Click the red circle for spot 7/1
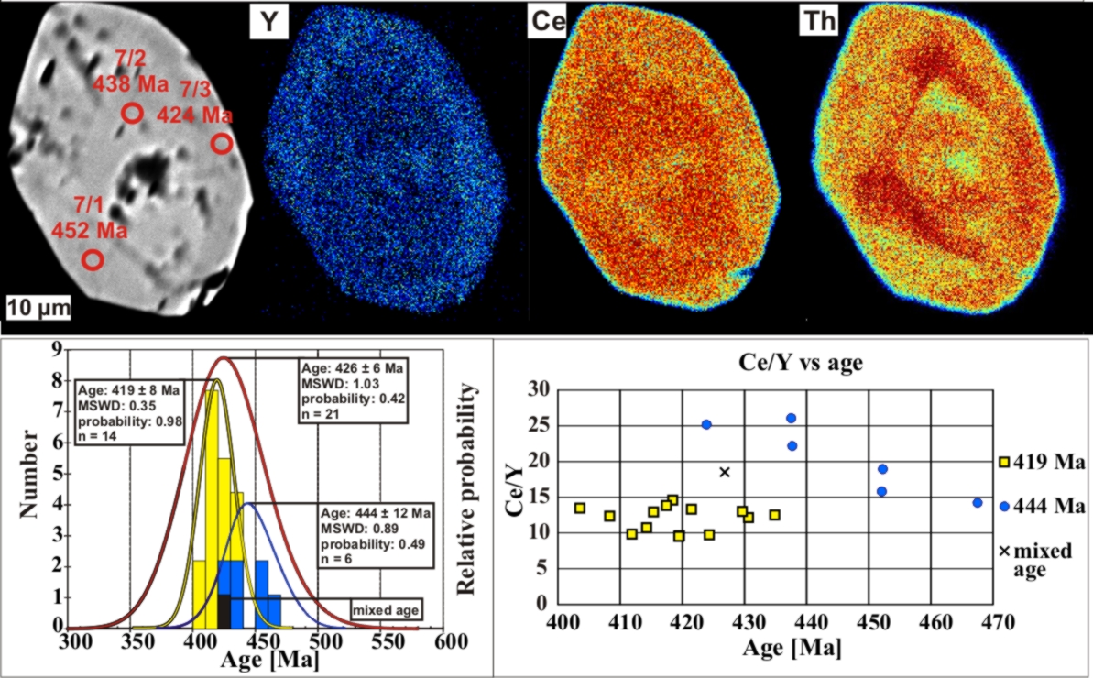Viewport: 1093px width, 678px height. click(93, 260)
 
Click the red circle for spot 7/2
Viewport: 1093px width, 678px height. click(133, 114)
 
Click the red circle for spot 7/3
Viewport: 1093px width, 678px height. click(222, 144)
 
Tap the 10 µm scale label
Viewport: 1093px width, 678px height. click(38, 307)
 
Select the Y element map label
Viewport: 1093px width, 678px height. click(268, 24)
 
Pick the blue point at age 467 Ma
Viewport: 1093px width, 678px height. click(978, 502)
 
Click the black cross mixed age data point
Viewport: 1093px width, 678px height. click(725, 472)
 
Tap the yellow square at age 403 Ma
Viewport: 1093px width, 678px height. click(580, 508)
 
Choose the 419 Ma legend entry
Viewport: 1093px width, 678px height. click(1044, 464)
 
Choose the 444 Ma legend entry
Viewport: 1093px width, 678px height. click(1044, 506)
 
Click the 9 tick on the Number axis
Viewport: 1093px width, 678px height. click(57, 349)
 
